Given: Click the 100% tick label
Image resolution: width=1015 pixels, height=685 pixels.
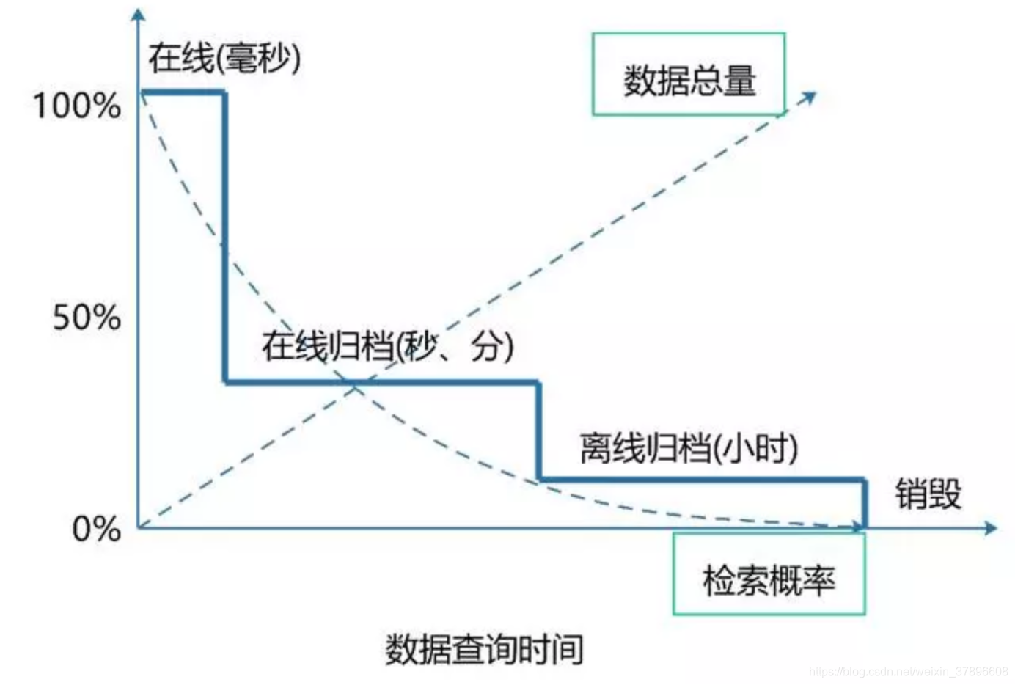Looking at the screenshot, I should pyautogui.click(x=76, y=106).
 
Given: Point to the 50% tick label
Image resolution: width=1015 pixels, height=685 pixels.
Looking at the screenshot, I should pyautogui.click(x=87, y=318).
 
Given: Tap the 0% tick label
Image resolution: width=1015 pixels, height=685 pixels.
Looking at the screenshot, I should pyautogui.click(x=96, y=529).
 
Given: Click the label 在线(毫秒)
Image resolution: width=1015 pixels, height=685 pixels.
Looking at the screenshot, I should pyautogui.click(x=224, y=59).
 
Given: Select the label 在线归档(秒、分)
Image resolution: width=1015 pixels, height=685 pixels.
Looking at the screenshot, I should pyautogui.click(x=387, y=346).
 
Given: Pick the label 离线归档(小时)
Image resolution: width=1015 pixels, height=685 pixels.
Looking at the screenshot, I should pyautogui.click(x=689, y=447).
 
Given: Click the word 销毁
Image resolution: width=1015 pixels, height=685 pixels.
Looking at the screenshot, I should pyautogui.click(x=928, y=494).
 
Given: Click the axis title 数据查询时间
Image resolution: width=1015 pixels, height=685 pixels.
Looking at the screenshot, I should pyautogui.click(x=484, y=649).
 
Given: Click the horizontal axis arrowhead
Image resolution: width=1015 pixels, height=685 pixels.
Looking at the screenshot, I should pyautogui.click(x=991, y=528).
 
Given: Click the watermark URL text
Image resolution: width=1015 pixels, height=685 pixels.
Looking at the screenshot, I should pyautogui.click(x=909, y=671).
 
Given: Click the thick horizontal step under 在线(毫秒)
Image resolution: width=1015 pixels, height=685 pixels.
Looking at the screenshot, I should pyautogui.click(x=183, y=92).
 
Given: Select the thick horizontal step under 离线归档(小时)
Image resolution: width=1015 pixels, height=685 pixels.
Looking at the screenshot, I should pyautogui.click(x=702, y=480).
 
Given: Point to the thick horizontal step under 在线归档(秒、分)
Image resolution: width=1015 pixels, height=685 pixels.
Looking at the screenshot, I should pyautogui.click(x=382, y=382).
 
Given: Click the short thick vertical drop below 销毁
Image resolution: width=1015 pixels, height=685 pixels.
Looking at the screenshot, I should pyautogui.click(x=865, y=503).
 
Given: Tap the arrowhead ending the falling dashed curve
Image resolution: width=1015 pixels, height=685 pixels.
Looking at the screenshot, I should pyautogui.click(x=858, y=526).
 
